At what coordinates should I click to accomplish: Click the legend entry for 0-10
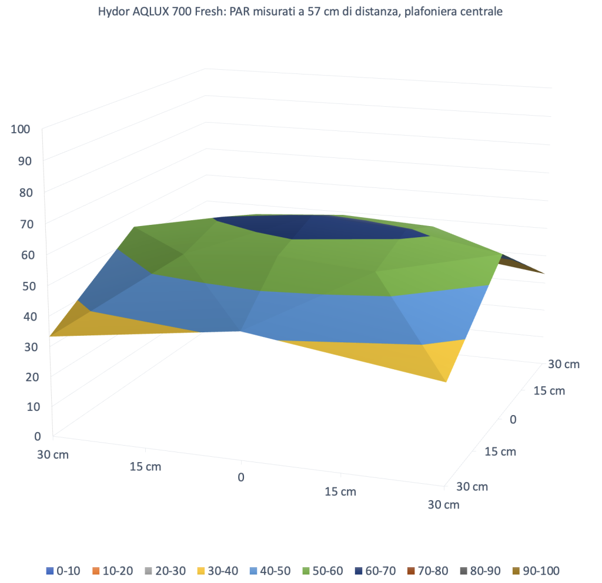(x=64, y=570)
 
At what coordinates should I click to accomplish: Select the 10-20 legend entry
(x=114, y=570)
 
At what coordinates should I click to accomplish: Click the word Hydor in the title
(x=114, y=11)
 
